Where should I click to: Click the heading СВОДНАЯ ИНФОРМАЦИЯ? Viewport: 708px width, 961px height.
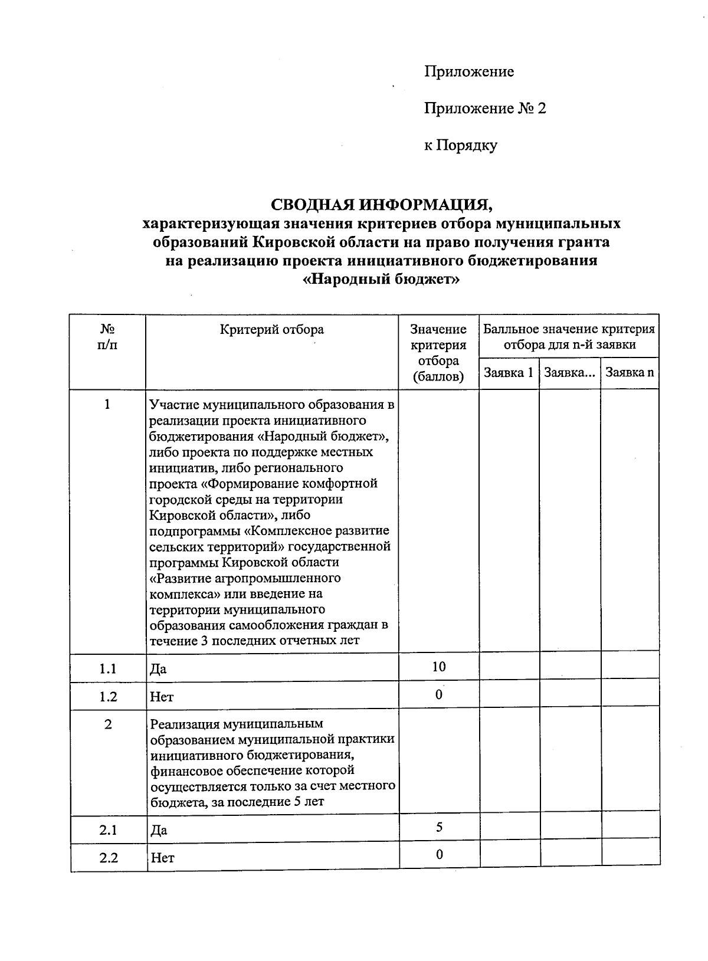point(381,205)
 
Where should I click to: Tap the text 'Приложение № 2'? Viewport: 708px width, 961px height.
point(485,109)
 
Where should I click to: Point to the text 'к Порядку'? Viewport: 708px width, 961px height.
point(460,145)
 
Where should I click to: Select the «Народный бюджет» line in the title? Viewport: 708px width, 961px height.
point(381,279)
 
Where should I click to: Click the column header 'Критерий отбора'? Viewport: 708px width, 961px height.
point(271,330)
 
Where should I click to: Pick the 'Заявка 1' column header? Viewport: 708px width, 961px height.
point(508,373)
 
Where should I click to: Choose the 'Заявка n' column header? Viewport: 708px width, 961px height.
point(630,373)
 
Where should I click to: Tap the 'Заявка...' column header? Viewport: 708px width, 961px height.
point(569,373)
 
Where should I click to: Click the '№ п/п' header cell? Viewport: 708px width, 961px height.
point(107,337)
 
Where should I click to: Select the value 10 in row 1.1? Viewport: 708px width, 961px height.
point(438,667)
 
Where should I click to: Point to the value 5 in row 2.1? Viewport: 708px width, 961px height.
point(439,827)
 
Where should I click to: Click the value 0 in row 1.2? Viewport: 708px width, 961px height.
point(439,694)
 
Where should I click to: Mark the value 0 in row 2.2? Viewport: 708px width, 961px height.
point(439,854)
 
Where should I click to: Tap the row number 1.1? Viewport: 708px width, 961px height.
point(108,669)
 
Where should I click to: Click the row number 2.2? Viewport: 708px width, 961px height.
point(108,858)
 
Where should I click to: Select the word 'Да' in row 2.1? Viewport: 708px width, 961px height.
point(159,831)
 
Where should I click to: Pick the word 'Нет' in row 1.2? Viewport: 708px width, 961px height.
point(162,697)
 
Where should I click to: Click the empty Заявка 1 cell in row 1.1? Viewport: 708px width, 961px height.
point(509,667)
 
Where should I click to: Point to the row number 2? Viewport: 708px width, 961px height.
point(108,724)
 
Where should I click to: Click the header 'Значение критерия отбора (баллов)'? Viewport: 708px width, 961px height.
point(438,353)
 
